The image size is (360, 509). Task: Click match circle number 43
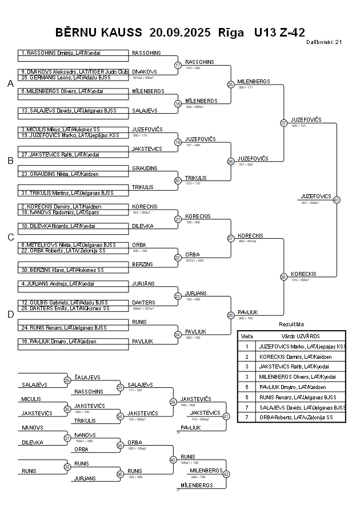point(337,200)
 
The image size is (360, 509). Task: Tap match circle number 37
point(283,123)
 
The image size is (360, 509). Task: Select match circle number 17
point(178,65)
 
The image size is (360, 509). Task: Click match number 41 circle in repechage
point(226,416)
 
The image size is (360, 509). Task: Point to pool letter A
point(10,84)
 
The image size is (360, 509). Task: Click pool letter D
point(10,314)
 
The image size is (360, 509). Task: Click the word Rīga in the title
point(231,32)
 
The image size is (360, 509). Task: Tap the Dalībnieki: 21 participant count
point(324,42)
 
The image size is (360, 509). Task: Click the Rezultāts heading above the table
point(291,324)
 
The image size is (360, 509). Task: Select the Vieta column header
point(247,336)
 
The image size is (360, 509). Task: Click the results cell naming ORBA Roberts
point(301,418)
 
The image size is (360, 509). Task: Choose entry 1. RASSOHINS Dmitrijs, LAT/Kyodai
point(61,53)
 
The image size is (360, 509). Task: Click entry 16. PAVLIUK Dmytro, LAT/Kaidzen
point(58,341)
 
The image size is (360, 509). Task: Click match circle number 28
point(231,315)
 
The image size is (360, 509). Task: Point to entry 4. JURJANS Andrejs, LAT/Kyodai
point(58,283)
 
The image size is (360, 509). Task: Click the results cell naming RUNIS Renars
point(301,397)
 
